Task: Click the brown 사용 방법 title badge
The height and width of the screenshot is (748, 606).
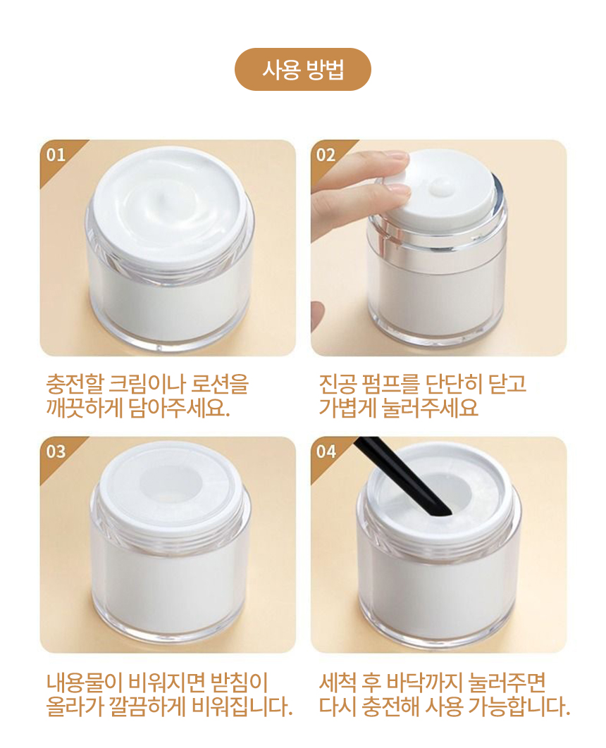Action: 302,70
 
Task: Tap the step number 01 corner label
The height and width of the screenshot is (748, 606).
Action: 56,155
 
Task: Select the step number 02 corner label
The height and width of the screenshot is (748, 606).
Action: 326,155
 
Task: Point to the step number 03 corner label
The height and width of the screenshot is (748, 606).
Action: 56,451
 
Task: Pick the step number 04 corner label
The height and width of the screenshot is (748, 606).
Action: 326,451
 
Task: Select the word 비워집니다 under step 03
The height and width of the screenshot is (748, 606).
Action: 242,706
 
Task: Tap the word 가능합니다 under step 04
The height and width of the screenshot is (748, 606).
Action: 519,706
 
